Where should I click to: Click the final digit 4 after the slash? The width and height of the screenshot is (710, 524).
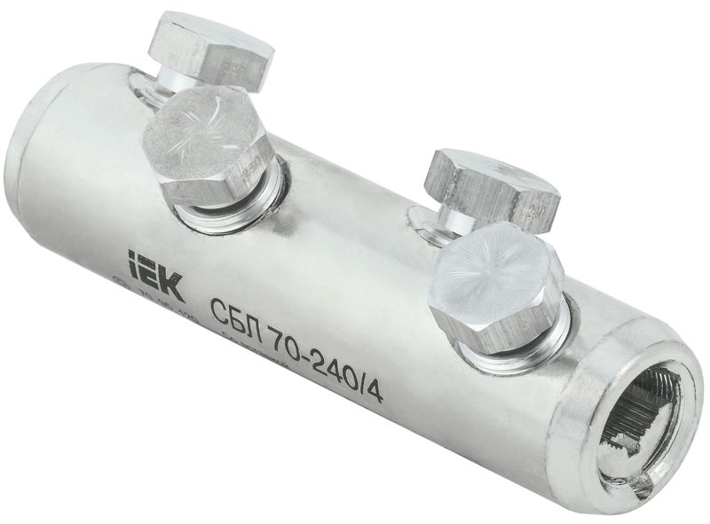pos(375,389)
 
